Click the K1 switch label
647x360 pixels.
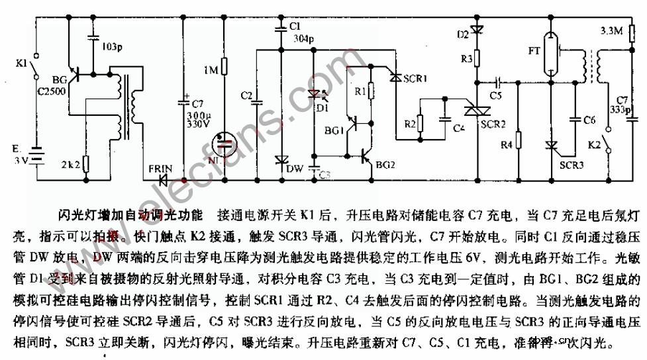click(20, 64)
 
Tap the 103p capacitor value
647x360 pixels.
click(111, 48)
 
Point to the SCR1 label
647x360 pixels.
click(416, 78)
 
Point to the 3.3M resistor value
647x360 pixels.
click(610, 31)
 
